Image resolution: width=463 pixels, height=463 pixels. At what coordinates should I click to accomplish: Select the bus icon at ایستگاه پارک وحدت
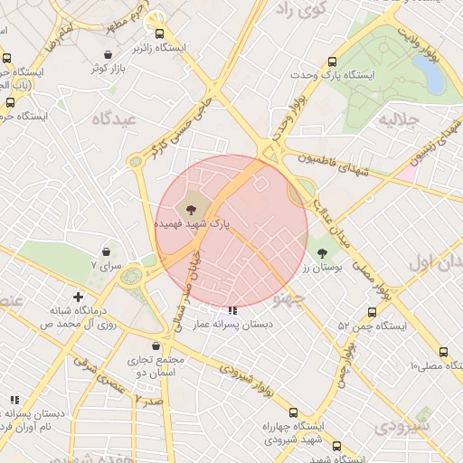pos(333,62)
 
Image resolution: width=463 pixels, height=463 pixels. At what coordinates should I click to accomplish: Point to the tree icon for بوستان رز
pos(323,253)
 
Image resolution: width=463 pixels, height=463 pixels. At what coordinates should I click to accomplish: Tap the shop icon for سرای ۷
pos(108,252)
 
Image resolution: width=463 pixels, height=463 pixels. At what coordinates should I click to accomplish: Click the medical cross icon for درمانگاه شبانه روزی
pos(79,297)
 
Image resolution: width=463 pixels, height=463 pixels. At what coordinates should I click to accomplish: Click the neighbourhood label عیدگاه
pos(113,118)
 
